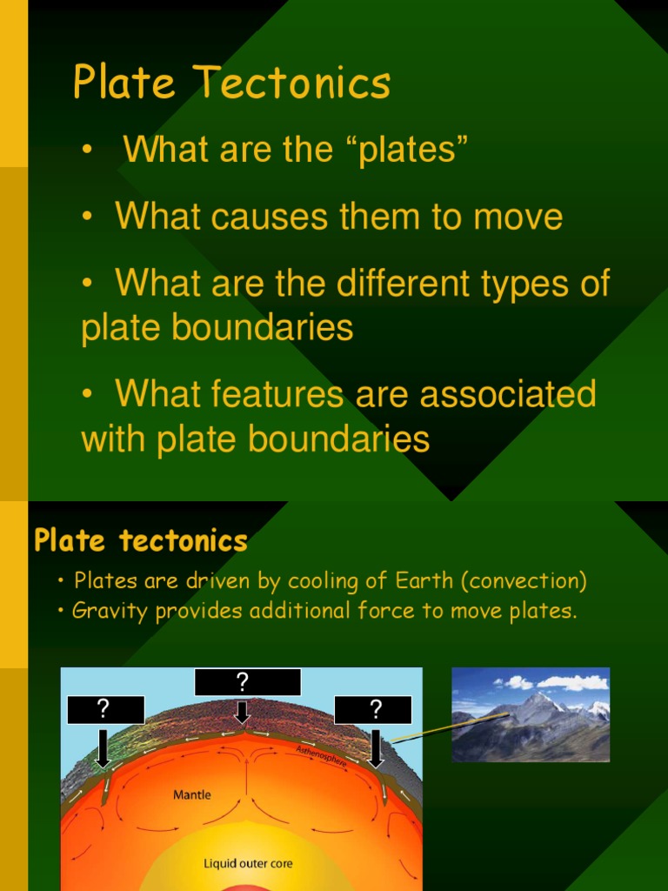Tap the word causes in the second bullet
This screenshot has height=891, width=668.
pos(265,217)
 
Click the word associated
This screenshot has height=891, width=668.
pos(508,394)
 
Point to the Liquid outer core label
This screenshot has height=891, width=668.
pos(248,864)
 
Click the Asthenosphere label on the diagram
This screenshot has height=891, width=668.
pos(322,755)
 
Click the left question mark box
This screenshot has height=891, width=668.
pos(104,709)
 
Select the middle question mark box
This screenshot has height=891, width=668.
pos(248,682)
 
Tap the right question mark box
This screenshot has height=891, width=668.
pos(375,709)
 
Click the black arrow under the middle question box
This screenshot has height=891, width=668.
pos(243,713)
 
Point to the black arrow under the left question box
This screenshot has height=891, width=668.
pos(103,747)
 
